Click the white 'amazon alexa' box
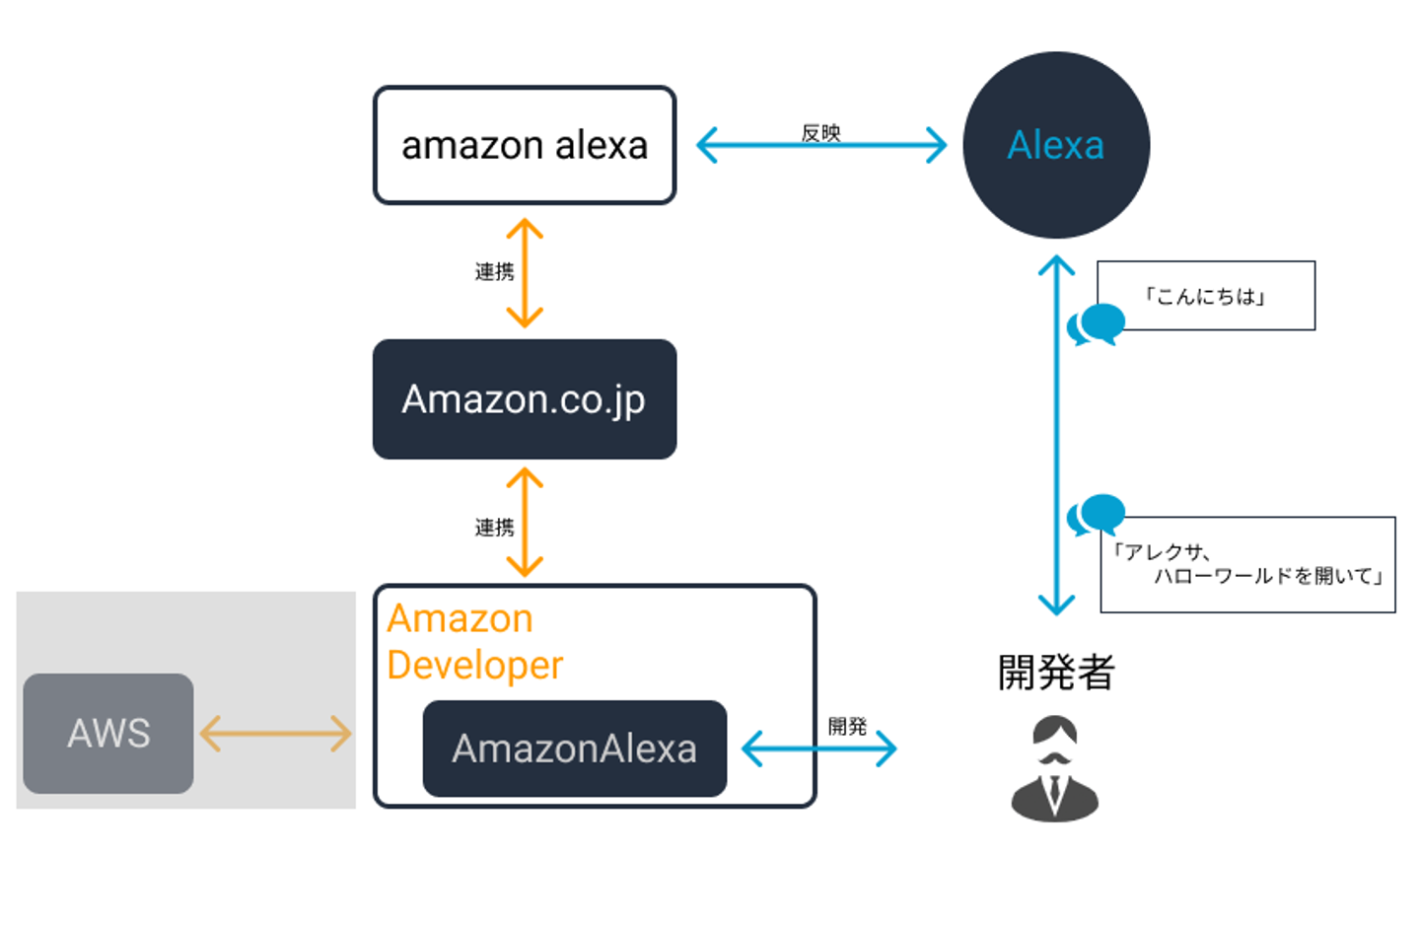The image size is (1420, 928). (525, 146)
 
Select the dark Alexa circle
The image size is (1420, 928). (1055, 145)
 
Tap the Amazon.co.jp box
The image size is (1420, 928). (525, 399)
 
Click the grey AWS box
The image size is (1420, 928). (108, 733)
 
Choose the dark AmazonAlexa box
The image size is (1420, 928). (574, 749)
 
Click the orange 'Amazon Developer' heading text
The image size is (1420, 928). (474, 642)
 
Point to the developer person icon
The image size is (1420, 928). (1054, 768)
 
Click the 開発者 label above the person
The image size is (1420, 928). (1055, 673)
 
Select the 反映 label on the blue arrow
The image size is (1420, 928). (820, 132)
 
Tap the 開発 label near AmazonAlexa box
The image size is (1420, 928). (847, 726)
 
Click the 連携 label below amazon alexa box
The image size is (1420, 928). (494, 271)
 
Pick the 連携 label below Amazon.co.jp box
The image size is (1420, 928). (494, 528)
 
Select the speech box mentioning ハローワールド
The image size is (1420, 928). (1247, 565)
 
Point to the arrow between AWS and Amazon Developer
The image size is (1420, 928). (275, 734)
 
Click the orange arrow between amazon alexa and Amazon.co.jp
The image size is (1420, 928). (525, 273)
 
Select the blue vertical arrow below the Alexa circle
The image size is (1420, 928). (1056, 434)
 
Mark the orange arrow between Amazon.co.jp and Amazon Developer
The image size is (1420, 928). (525, 523)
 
